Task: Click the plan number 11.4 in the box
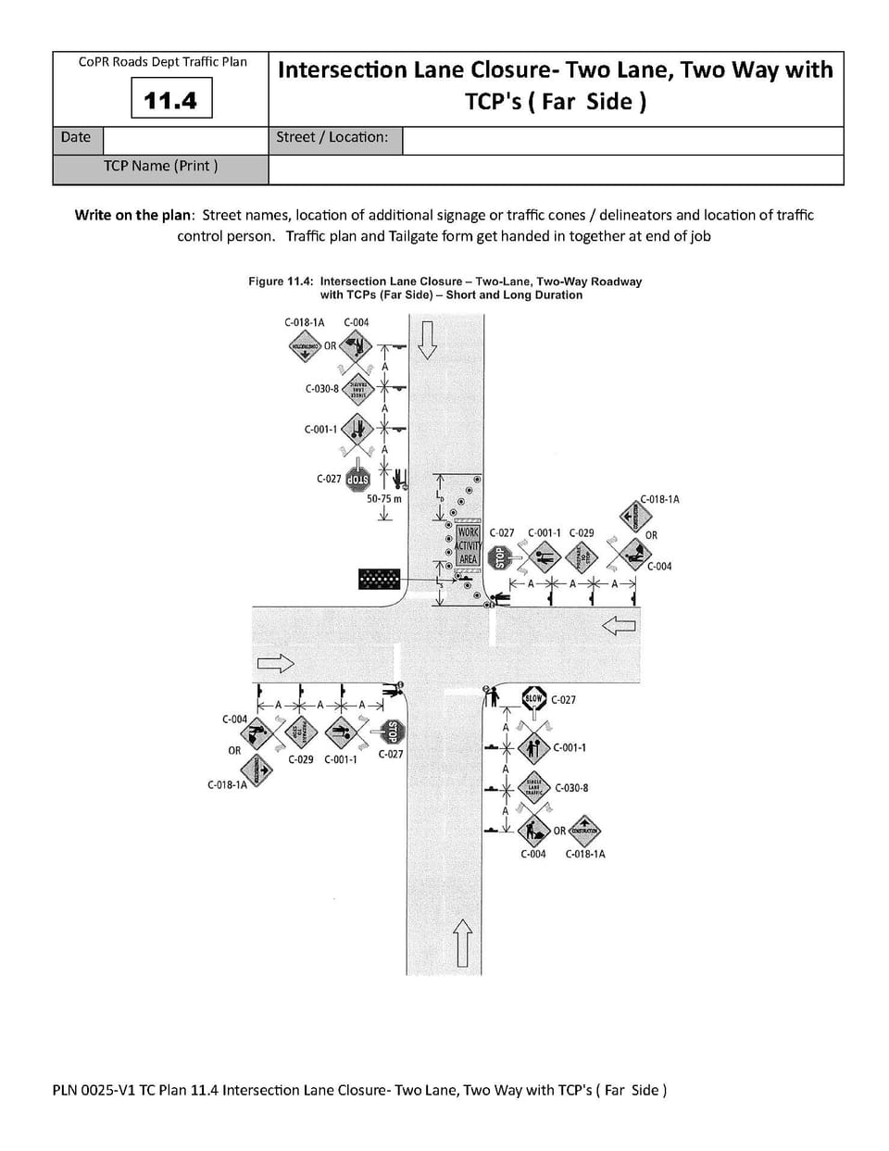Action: (x=171, y=99)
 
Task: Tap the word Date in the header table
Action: (x=76, y=137)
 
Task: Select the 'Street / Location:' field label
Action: (x=332, y=137)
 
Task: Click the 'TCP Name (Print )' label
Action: (x=161, y=166)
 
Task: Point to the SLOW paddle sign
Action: (x=534, y=699)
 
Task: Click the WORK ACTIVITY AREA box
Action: (x=468, y=546)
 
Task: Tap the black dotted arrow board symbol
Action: (x=379, y=579)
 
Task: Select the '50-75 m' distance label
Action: (x=384, y=498)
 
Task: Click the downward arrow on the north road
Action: (x=426, y=339)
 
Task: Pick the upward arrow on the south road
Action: (x=463, y=942)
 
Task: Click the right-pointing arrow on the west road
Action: (x=275, y=663)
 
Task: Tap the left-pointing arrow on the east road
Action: (x=619, y=626)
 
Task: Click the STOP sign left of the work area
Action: (x=357, y=480)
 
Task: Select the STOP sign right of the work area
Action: (x=500, y=557)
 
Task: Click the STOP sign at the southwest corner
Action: (x=392, y=732)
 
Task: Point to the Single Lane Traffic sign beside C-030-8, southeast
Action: (x=533, y=787)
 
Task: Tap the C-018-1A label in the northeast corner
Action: (x=659, y=499)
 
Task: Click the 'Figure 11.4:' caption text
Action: (x=282, y=281)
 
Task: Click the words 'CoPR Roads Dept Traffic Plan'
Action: (x=163, y=62)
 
